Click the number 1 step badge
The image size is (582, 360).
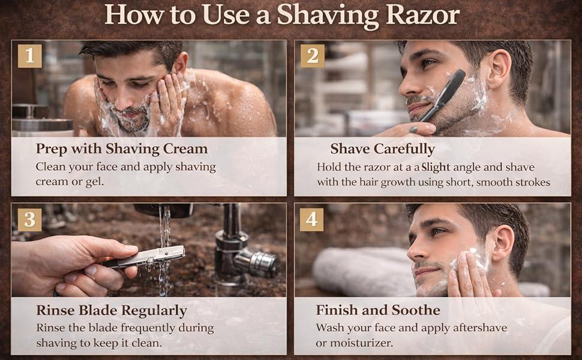pyautogui.click(x=29, y=56)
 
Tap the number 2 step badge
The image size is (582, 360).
pyautogui.click(x=313, y=56)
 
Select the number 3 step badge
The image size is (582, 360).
pyautogui.click(x=29, y=220)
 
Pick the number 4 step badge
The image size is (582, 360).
pyautogui.click(x=312, y=220)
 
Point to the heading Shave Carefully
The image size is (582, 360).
pyautogui.click(x=382, y=149)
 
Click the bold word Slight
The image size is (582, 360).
pyautogui.click(x=436, y=167)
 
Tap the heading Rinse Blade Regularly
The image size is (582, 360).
pyautogui.click(x=112, y=311)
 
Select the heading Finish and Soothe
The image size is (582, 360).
pyautogui.click(x=378, y=310)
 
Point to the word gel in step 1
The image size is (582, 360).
pyautogui.click(x=95, y=182)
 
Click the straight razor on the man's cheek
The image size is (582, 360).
pyautogui.click(x=442, y=96)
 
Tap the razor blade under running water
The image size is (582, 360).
pyautogui.click(x=144, y=257)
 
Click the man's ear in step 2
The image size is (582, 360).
pyautogui.click(x=500, y=69)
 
